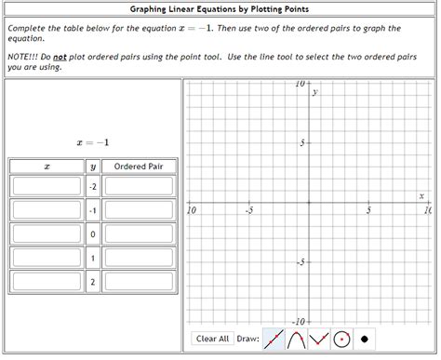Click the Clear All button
212,339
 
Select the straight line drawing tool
274,340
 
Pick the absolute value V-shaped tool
318,340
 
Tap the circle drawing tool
341,340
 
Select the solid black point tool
365,340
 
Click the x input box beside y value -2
47,186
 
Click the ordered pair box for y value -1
139,210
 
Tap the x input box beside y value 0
47,233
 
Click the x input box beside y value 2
47,281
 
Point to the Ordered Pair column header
139,166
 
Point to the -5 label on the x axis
248,210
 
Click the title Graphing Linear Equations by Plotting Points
220,9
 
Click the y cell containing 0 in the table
92,233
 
